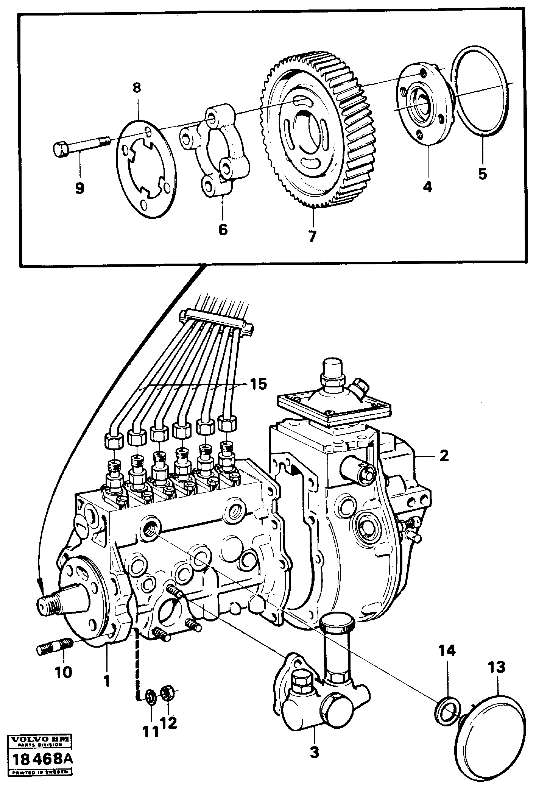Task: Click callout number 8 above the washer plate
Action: click(x=137, y=88)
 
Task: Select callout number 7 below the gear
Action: click(x=312, y=236)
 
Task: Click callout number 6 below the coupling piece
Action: click(x=223, y=229)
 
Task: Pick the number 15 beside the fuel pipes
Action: click(x=258, y=384)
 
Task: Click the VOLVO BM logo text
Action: click(x=39, y=739)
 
